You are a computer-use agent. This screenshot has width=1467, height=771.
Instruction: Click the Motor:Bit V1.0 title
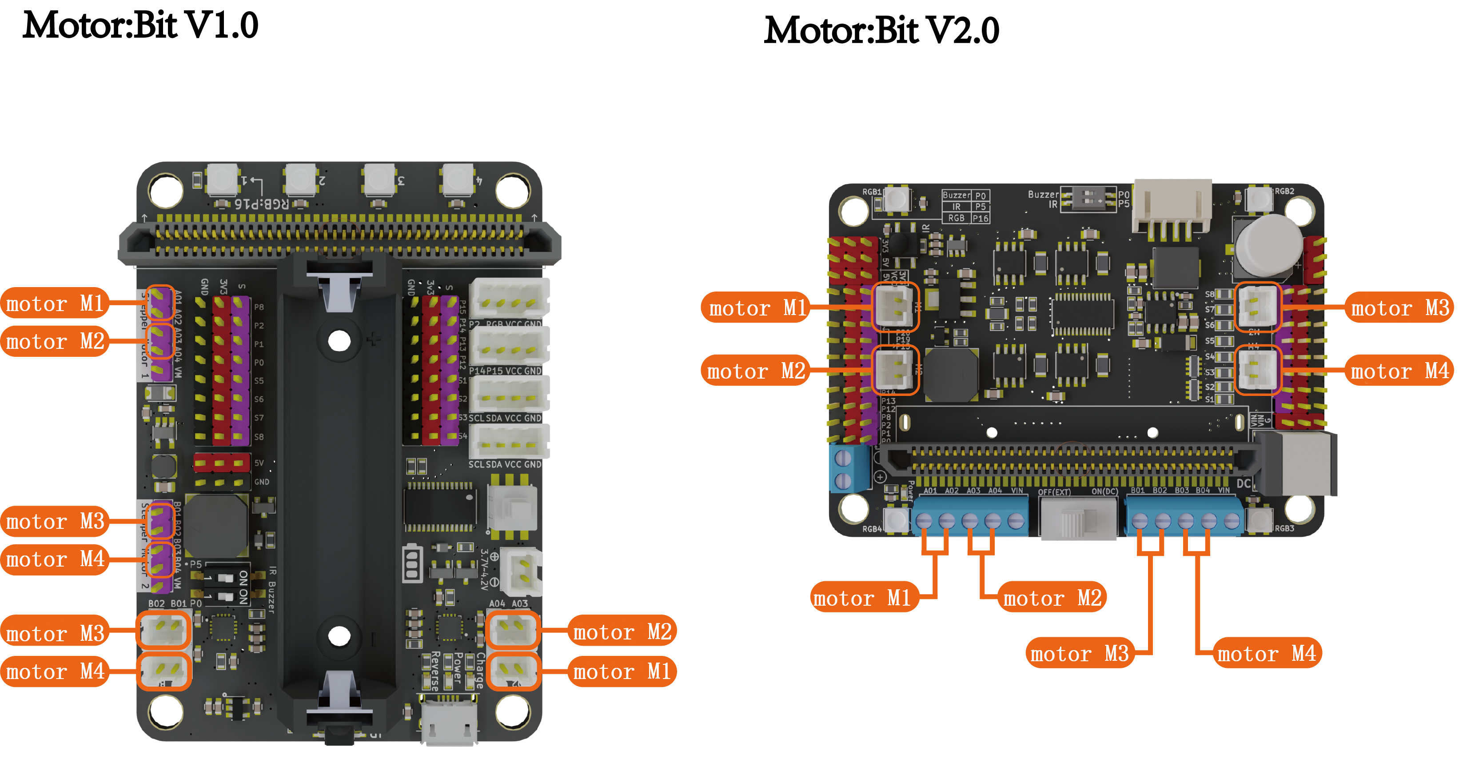[x=140, y=26]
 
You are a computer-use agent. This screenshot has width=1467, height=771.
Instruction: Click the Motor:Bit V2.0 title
[x=881, y=31]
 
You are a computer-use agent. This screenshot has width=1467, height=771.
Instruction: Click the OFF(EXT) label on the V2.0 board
[x=1053, y=492]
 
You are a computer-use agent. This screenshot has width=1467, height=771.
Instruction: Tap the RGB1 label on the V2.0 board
[x=871, y=192]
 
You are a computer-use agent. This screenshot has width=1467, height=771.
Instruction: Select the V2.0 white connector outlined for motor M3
[x=1257, y=308]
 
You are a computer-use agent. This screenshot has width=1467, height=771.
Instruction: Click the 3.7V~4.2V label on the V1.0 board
[x=484, y=569]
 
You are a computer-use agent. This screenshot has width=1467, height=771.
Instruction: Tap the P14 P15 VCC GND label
[x=505, y=371]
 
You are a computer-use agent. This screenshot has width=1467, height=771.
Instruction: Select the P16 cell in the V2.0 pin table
[x=980, y=218]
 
